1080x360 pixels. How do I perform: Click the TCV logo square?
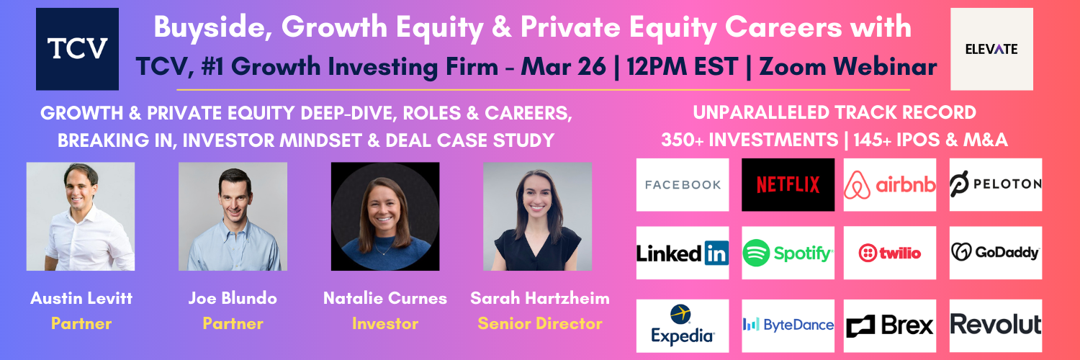(x=77, y=49)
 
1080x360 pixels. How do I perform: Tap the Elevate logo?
(x=991, y=49)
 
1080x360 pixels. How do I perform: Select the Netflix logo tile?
(x=788, y=184)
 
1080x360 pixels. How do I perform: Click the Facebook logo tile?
(x=683, y=184)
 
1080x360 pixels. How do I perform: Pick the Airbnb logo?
(x=890, y=184)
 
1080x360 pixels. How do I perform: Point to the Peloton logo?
(x=996, y=184)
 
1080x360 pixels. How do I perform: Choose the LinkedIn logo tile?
(x=683, y=253)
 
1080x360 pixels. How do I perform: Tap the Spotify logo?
(x=788, y=253)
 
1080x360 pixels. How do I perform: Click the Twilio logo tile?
(x=890, y=253)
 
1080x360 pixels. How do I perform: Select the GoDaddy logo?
(x=996, y=253)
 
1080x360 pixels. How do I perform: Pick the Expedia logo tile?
(x=683, y=325)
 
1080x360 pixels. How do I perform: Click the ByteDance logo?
(x=788, y=325)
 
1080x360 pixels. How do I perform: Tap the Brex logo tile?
(x=890, y=325)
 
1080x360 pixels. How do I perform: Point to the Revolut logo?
(x=996, y=325)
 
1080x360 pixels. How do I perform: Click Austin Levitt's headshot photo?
(x=81, y=217)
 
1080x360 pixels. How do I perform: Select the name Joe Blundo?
(x=233, y=298)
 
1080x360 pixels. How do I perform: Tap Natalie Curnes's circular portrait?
(x=385, y=217)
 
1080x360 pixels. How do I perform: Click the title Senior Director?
(x=540, y=323)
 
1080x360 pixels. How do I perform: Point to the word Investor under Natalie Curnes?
(x=385, y=323)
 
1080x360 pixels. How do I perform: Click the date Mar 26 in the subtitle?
(x=563, y=66)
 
